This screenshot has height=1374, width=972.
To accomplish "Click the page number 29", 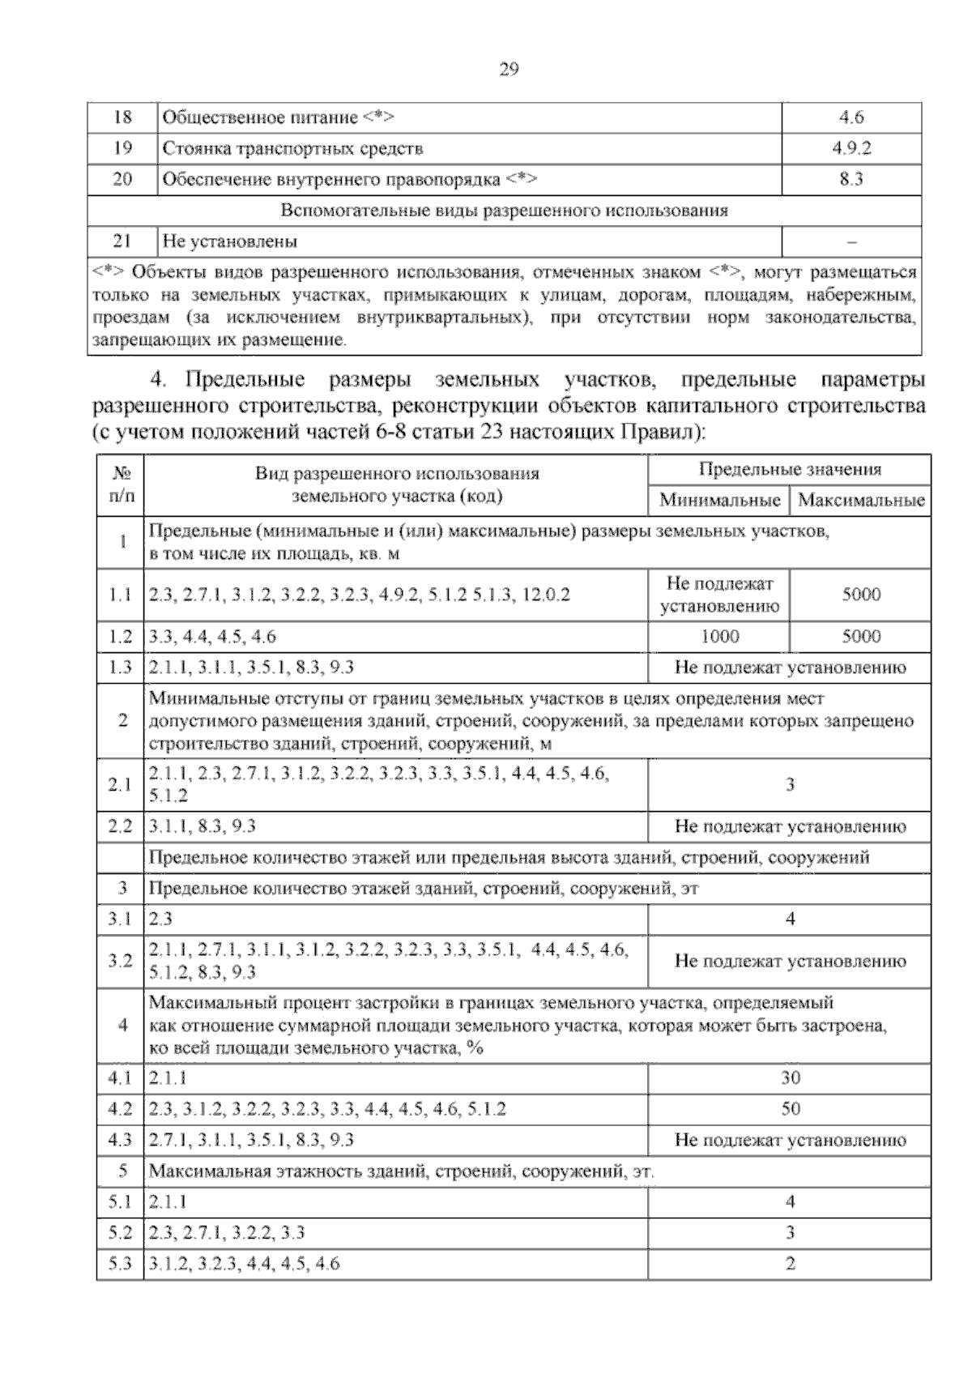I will coord(509,70).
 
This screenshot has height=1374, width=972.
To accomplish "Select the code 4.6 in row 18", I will coord(851,117).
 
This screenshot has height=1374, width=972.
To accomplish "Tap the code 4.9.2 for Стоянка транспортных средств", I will coord(851,148).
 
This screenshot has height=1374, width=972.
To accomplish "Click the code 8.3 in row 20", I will coord(851,179).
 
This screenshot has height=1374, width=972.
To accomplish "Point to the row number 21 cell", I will coord(122,241).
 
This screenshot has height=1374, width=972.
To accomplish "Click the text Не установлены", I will coord(230,241).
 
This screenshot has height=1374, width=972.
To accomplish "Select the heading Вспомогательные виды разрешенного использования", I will coord(504,211).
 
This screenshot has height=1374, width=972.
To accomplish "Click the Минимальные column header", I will coord(719,500).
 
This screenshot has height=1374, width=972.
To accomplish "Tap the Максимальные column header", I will coord(861,500).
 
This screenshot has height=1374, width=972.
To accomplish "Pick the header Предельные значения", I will coord(790,469).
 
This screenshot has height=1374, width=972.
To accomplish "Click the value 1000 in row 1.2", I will coord(719,636).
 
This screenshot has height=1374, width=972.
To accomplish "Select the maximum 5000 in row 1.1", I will coord(861,594).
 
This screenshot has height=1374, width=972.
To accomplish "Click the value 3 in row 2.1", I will coord(790,784).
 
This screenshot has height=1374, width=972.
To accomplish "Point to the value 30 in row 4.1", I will coord(790,1077).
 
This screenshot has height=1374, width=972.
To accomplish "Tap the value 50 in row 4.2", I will coord(790,1108).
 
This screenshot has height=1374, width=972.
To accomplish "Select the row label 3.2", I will coord(120,961).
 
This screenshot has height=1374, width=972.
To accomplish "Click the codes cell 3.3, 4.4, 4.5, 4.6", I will coord(212,636).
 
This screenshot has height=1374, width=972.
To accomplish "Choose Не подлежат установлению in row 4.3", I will coord(790,1140).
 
